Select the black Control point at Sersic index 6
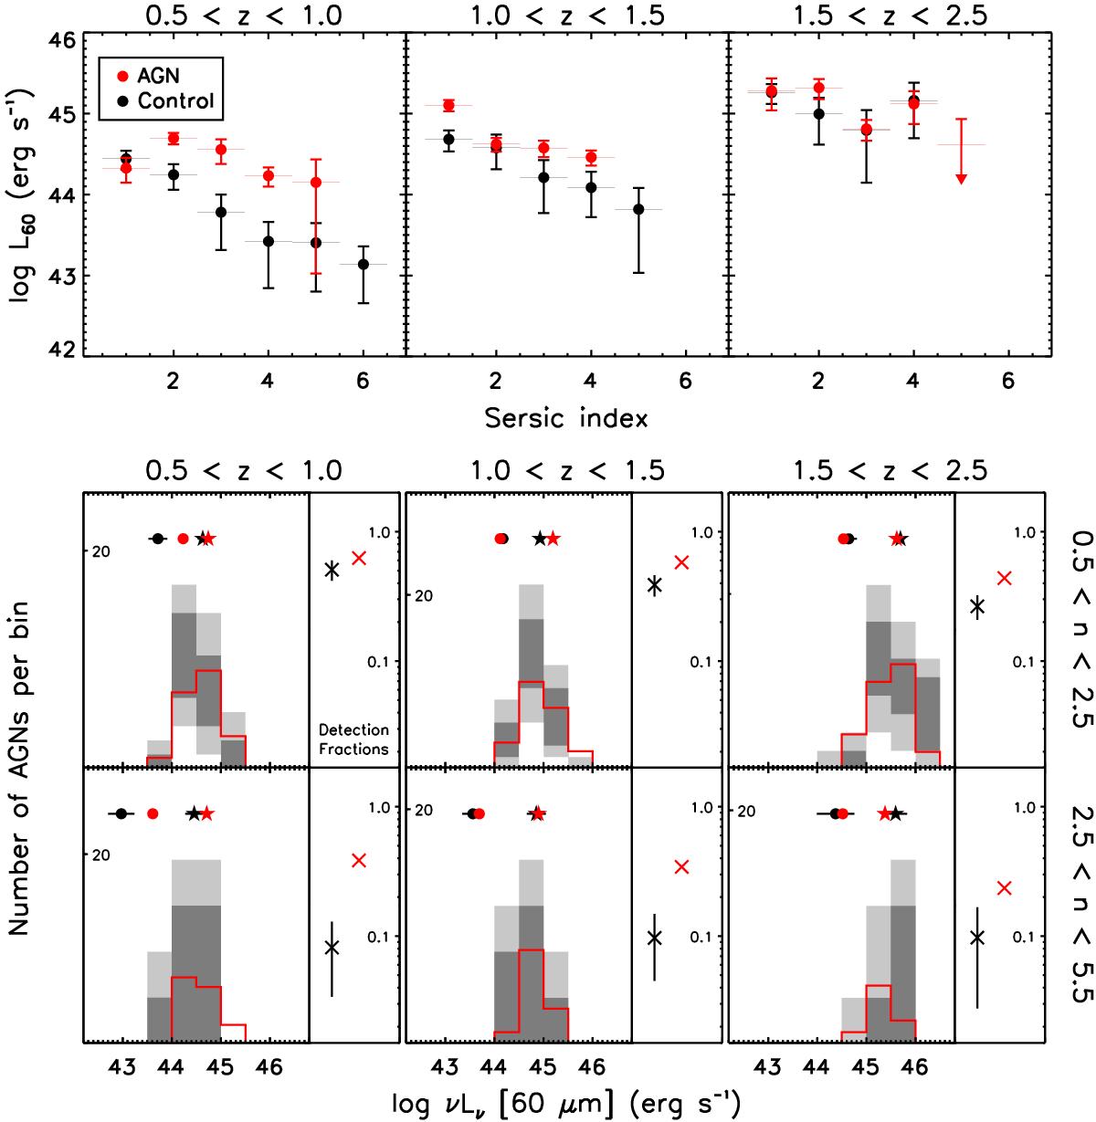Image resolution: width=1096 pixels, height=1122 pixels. [364, 264]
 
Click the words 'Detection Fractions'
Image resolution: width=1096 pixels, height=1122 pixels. [354, 739]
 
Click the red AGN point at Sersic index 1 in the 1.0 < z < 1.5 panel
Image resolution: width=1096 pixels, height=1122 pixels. [448, 105]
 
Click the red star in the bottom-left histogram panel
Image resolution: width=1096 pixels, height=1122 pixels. [207, 813]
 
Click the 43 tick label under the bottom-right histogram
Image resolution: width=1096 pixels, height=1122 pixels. [769, 1065]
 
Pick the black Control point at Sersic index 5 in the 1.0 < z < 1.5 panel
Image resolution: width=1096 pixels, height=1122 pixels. [638, 209]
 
